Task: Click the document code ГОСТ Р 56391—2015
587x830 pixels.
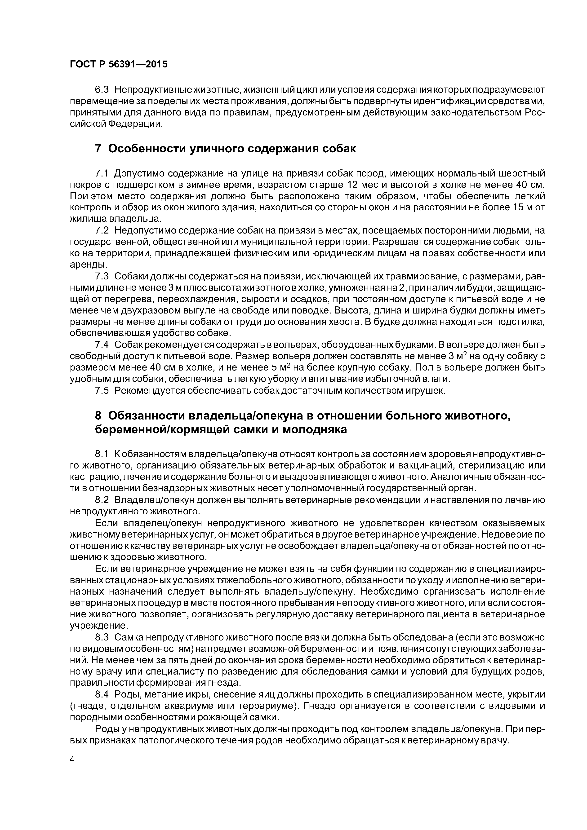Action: pos(119,65)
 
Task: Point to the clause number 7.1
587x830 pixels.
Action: pos(101,174)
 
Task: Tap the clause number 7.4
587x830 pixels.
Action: pos(101,345)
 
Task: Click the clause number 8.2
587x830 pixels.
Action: pos(101,500)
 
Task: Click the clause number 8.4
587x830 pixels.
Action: pos(101,694)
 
